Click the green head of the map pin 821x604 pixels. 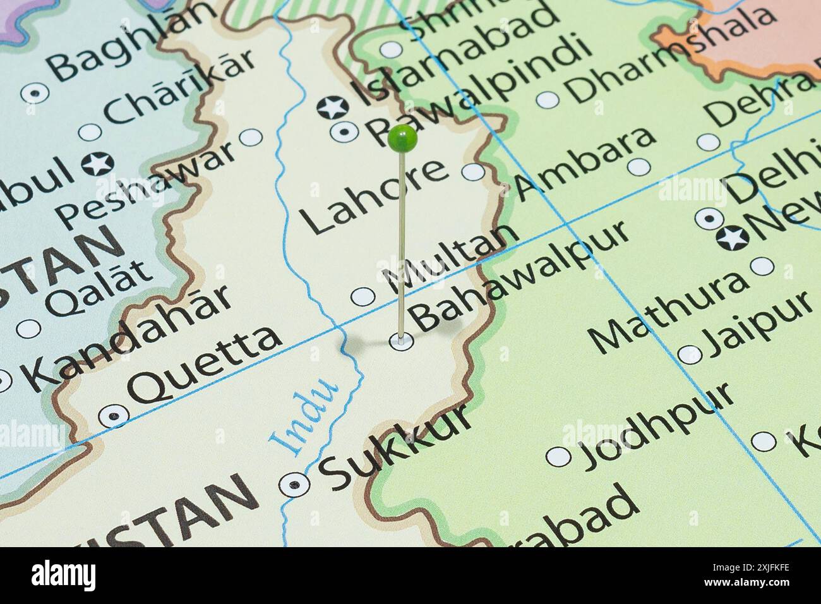[x=402, y=138]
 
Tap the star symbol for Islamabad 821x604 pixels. [x=333, y=107]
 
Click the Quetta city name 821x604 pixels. [x=205, y=363]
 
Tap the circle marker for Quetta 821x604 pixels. [x=114, y=415]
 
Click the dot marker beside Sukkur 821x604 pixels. [x=295, y=485]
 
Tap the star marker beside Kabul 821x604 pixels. [x=98, y=164]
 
